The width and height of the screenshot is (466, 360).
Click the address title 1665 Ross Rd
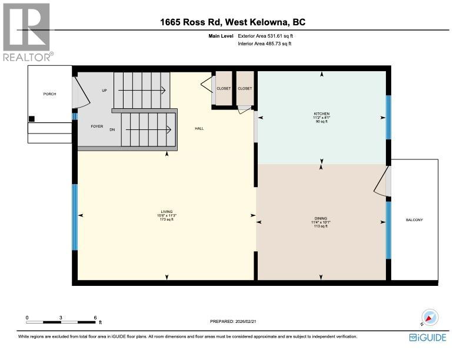[232, 22]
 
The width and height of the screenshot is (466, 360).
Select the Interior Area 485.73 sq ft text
[265, 44]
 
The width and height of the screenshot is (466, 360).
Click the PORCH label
[49, 94]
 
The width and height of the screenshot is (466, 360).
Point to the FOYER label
[97, 126]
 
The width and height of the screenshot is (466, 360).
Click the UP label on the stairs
[104, 91]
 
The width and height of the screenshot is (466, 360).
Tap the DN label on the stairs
[112, 130]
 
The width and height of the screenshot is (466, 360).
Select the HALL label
[199, 128]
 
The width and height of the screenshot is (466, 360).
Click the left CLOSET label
[224, 88]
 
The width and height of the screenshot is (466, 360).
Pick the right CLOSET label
[245, 88]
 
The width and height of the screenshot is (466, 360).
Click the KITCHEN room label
[321, 114]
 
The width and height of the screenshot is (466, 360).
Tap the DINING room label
[321, 218]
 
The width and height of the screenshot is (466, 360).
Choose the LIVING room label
[167, 212]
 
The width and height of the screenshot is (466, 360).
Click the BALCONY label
[414, 220]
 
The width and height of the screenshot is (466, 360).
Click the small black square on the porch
[32, 119]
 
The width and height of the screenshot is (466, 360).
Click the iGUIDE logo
[428, 338]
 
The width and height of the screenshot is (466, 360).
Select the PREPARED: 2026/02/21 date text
[233, 321]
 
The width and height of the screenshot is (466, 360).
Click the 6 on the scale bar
[95, 317]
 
